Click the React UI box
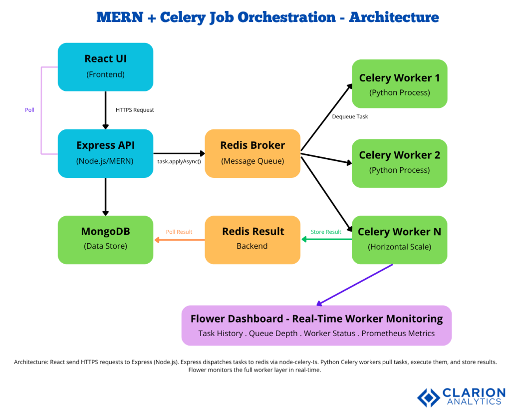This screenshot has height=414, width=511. tap(105, 66)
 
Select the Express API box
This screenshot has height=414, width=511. tap(105, 153)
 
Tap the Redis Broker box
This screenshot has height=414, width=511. tap(253, 153)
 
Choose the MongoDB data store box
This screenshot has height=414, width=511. tap(105, 239)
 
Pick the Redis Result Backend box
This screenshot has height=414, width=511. tap(253, 239)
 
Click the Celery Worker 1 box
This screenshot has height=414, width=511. tap(399, 84)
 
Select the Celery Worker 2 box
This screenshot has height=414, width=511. tap(399, 163)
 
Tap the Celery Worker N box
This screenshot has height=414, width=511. tap(399, 239)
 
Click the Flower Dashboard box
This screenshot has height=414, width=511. tap(316, 325)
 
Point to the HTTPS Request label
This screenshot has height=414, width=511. tap(135, 110)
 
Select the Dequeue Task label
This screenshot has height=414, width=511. tap(350, 117)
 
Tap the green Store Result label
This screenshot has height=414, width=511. tap(326, 232)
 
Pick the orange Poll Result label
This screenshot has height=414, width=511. tap(179, 232)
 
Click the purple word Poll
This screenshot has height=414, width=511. tap(30, 110)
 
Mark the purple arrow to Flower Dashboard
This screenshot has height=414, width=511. tap(355, 284)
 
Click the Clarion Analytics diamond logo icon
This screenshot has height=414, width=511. tap(428, 397)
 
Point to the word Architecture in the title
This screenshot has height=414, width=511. tap(394, 17)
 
